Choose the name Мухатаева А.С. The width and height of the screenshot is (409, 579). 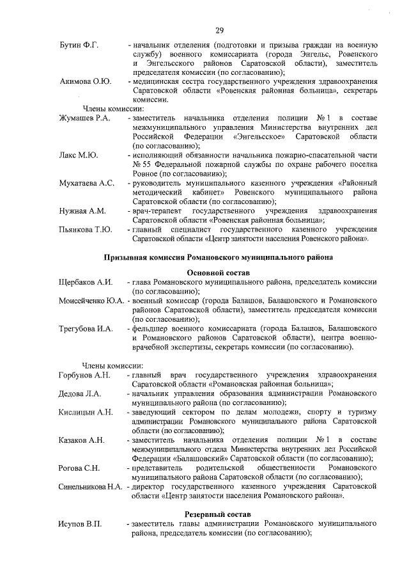pyautogui.click(x=87, y=183)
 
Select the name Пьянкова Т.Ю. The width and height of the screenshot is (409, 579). pyautogui.click(x=86, y=229)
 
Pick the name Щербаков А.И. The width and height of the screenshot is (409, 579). pyautogui.click(x=86, y=282)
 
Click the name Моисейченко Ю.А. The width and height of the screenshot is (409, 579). pyautogui.click(x=91, y=300)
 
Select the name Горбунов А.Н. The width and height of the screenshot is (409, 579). pyautogui.click(x=86, y=374)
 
